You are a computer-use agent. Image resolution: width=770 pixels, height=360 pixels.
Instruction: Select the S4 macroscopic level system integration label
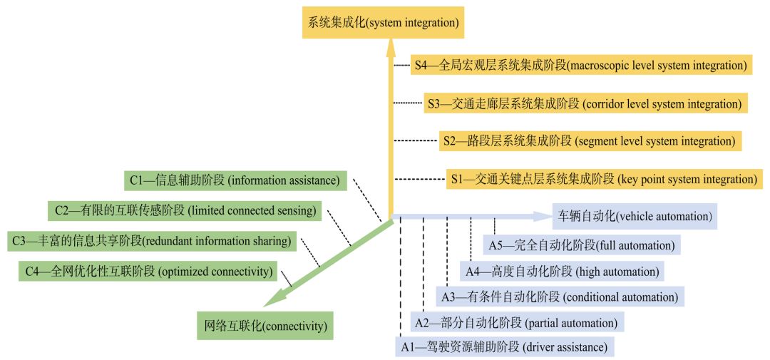coord(580,66)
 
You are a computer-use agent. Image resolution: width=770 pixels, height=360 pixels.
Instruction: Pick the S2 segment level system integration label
coord(590,140)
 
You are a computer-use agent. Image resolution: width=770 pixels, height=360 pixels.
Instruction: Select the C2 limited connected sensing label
coord(185,211)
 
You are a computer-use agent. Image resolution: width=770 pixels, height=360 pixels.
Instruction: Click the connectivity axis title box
coord(265,326)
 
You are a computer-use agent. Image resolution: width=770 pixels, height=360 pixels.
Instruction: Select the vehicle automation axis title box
coord(635,215)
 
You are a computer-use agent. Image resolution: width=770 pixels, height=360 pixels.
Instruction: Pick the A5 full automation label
coord(581,245)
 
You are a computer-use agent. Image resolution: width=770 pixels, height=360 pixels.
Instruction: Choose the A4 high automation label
coord(561,271)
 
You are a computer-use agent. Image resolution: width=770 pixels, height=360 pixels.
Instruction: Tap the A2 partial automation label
coord(517,322)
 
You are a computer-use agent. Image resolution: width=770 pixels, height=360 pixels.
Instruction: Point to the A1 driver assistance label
coord(504,348)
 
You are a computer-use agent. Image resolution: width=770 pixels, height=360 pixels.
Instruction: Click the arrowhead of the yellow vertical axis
coord(391,48)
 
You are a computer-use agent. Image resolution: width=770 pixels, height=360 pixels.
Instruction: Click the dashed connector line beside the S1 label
coord(421,179)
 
